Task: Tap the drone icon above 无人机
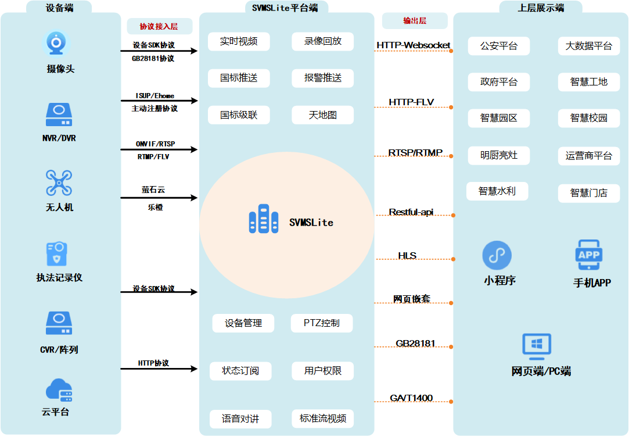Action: pyautogui.click(x=59, y=183)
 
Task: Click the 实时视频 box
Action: pyautogui.click(x=238, y=41)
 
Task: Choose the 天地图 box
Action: pyautogui.click(x=322, y=115)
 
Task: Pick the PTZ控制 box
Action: pyautogui.click(x=321, y=323)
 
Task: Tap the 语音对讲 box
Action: pyautogui.click(x=240, y=419)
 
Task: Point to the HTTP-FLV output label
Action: pyautogui.click(x=411, y=103)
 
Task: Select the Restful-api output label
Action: pyautogui.click(x=411, y=212)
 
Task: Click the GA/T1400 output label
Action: pyautogui.click(x=411, y=398)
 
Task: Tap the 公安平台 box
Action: pyautogui.click(x=498, y=46)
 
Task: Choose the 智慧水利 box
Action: pyautogui.click(x=497, y=191)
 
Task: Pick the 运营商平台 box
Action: pyautogui.click(x=588, y=156)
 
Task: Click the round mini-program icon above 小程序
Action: pyautogui.click(x=497, y=255)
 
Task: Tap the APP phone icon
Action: pyautogui.click(x=589, y=255)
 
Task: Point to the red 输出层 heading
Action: pyautogui.click(x=415, y=21)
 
